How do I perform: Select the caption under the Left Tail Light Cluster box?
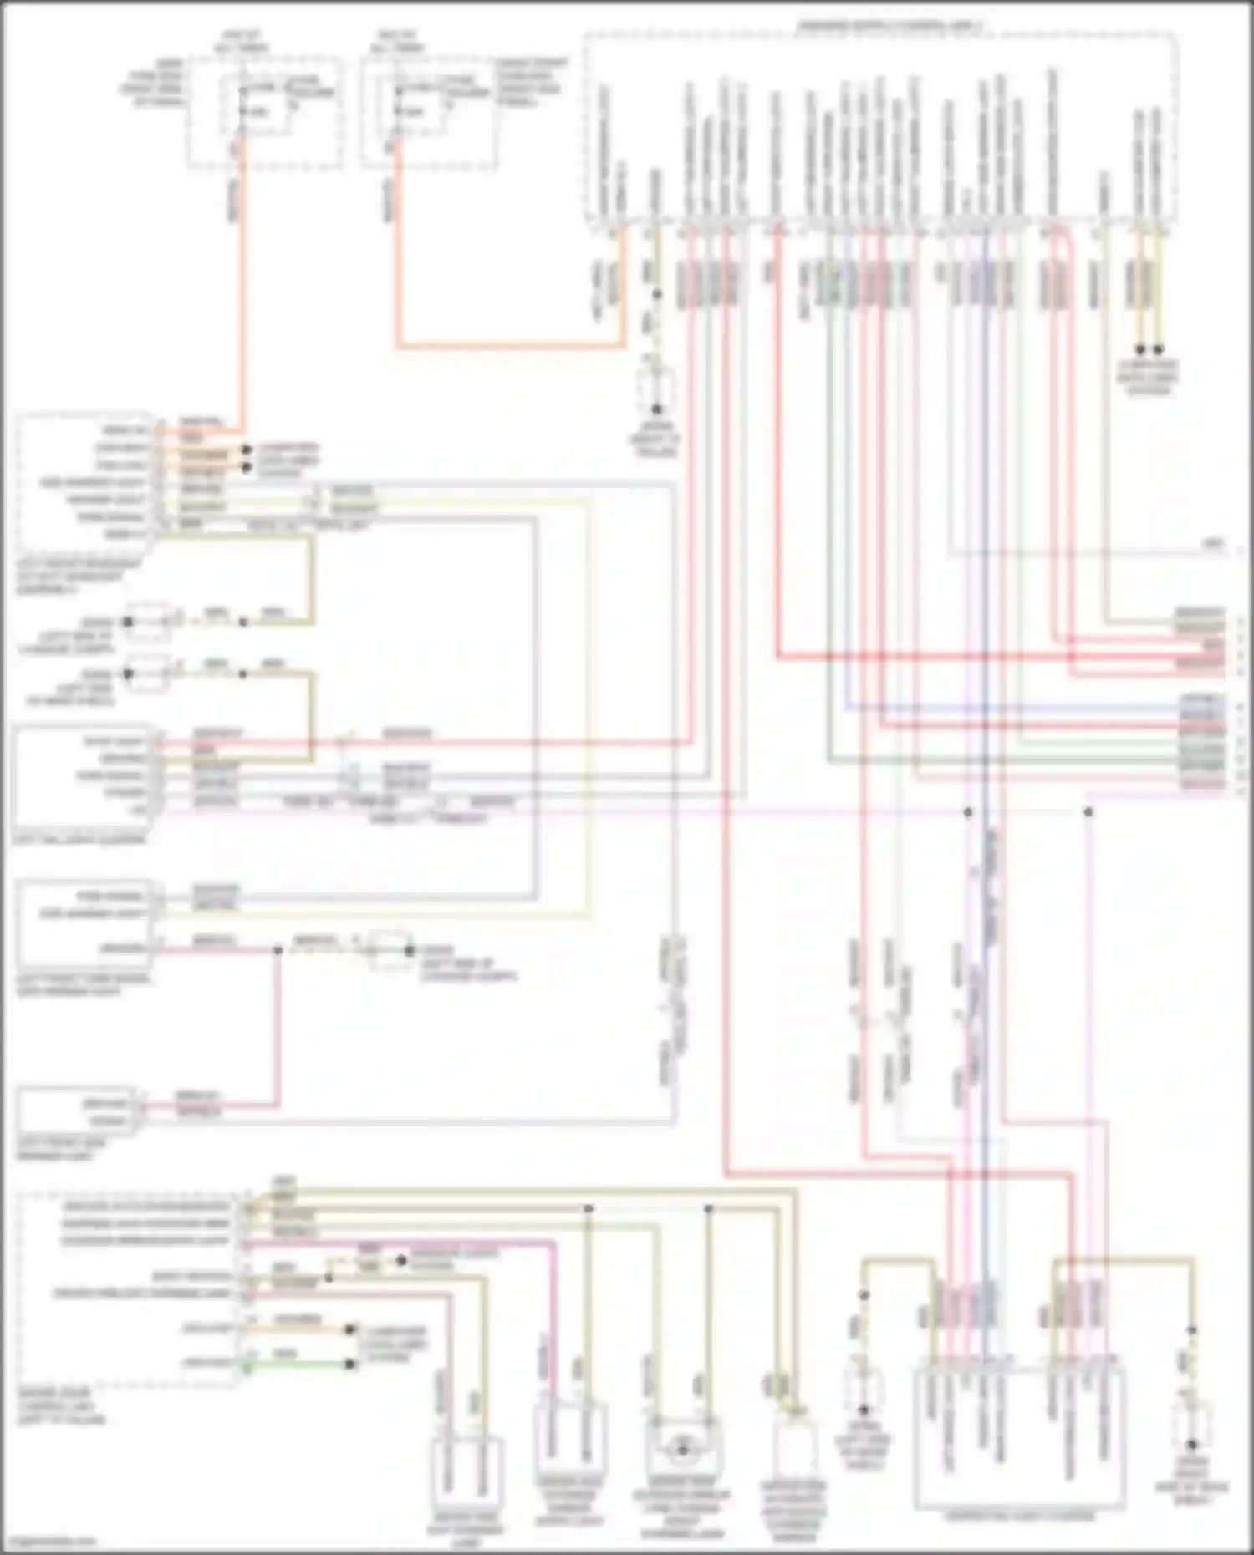pyautogui.click(x=80, y=839)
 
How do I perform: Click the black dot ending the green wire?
pyautogui.click(x=351, y=1364)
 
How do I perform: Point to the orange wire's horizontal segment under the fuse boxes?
pyautogui.click(x=510, y=344)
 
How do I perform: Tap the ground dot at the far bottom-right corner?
pyautogui.click(x=1192, y=1444)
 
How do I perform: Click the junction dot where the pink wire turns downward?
pyautogui.click(x=1088, y=811)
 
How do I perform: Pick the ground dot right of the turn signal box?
pyautogui.click(x=410, y=951)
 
